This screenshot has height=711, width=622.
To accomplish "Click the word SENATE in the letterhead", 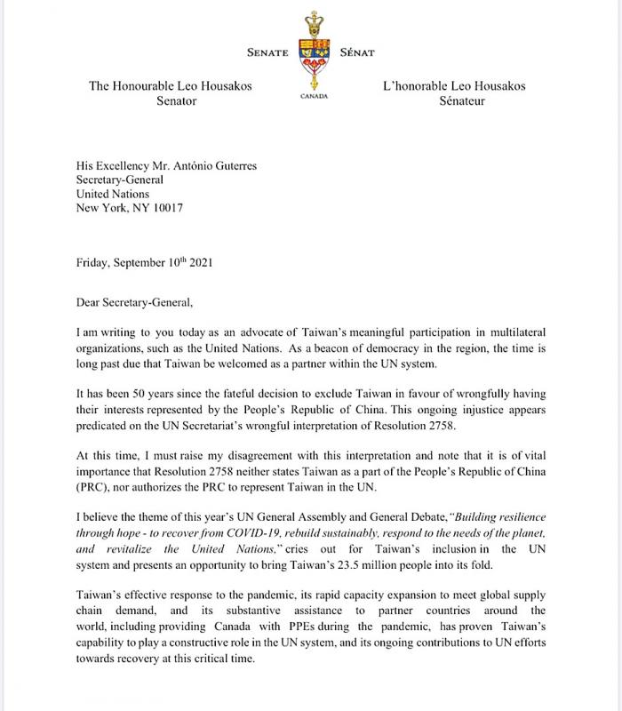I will click(262, 52).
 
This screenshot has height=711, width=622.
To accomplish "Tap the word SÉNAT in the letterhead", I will click(359, 52).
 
